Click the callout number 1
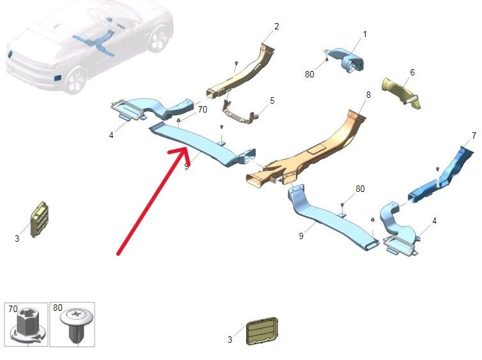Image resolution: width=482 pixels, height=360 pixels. (365, 34)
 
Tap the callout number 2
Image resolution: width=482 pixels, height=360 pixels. (277, 26)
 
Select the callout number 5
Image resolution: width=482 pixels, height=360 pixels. (272, 100)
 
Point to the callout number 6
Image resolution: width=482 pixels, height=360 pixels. (412, 72)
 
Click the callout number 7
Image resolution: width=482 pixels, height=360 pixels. (474, 136)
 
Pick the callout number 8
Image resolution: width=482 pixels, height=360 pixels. (368, 95)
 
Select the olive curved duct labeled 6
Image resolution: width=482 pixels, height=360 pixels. (401, 93)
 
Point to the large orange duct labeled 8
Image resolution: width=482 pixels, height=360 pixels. (307, 152)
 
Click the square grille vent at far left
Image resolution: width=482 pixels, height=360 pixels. (39, 219)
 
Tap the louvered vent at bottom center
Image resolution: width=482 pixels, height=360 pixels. (262, 331)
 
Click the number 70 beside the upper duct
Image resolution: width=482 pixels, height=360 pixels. (202, 109)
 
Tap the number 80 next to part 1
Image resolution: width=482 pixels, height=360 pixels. (309, 74)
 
